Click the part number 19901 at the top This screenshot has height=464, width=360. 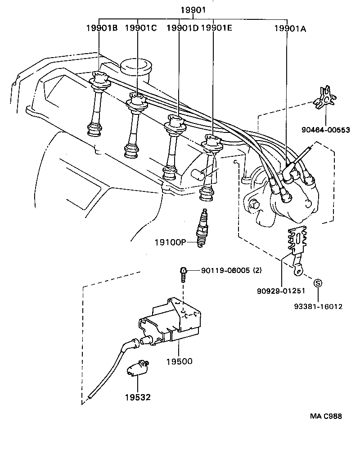pos(193,10)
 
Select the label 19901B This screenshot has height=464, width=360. pos(102,28)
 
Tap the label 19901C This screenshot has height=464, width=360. pos(140,28)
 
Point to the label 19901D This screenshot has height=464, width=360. pos(182,28)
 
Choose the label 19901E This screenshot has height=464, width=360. pos(216,28)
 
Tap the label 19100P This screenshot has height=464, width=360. pos(170,242)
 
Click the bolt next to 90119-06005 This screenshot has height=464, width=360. pos(184,273)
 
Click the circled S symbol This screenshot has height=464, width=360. pos(318,283)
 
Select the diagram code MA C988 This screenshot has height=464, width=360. pos(325,416)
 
